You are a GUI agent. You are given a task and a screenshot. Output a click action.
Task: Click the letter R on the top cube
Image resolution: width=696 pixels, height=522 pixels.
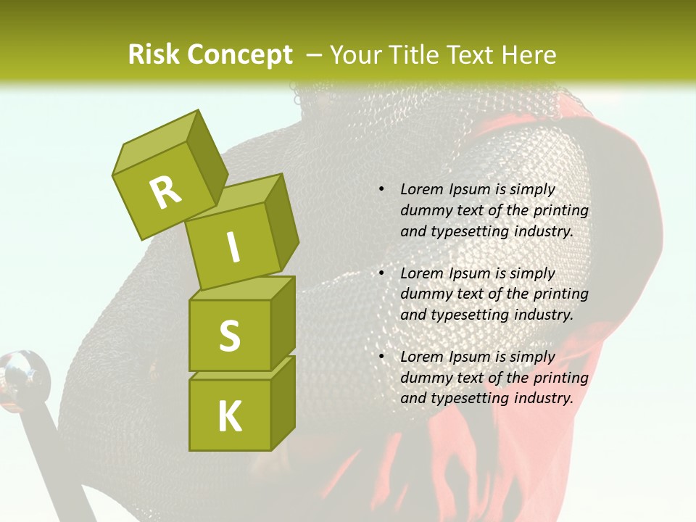click(x=166, y=192)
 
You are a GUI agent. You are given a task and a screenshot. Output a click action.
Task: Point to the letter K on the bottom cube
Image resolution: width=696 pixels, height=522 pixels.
click(x=229, y=416)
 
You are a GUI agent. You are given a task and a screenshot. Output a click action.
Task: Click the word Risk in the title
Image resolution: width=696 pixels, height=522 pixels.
click(x=153, y=54)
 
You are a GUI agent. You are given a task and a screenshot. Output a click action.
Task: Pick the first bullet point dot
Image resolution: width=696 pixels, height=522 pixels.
click(x=381, y=189)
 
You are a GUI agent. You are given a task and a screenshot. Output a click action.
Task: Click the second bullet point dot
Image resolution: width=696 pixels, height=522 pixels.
click(x=381, y=273)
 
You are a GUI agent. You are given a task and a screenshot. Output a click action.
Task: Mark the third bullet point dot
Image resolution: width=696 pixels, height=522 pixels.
click(x=381, y=357)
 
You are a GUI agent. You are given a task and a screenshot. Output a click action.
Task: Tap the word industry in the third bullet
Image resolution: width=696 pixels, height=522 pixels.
click(x=543, y=398)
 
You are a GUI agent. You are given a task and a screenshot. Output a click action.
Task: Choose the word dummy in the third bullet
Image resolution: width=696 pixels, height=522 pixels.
click(x=423, y=377)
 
